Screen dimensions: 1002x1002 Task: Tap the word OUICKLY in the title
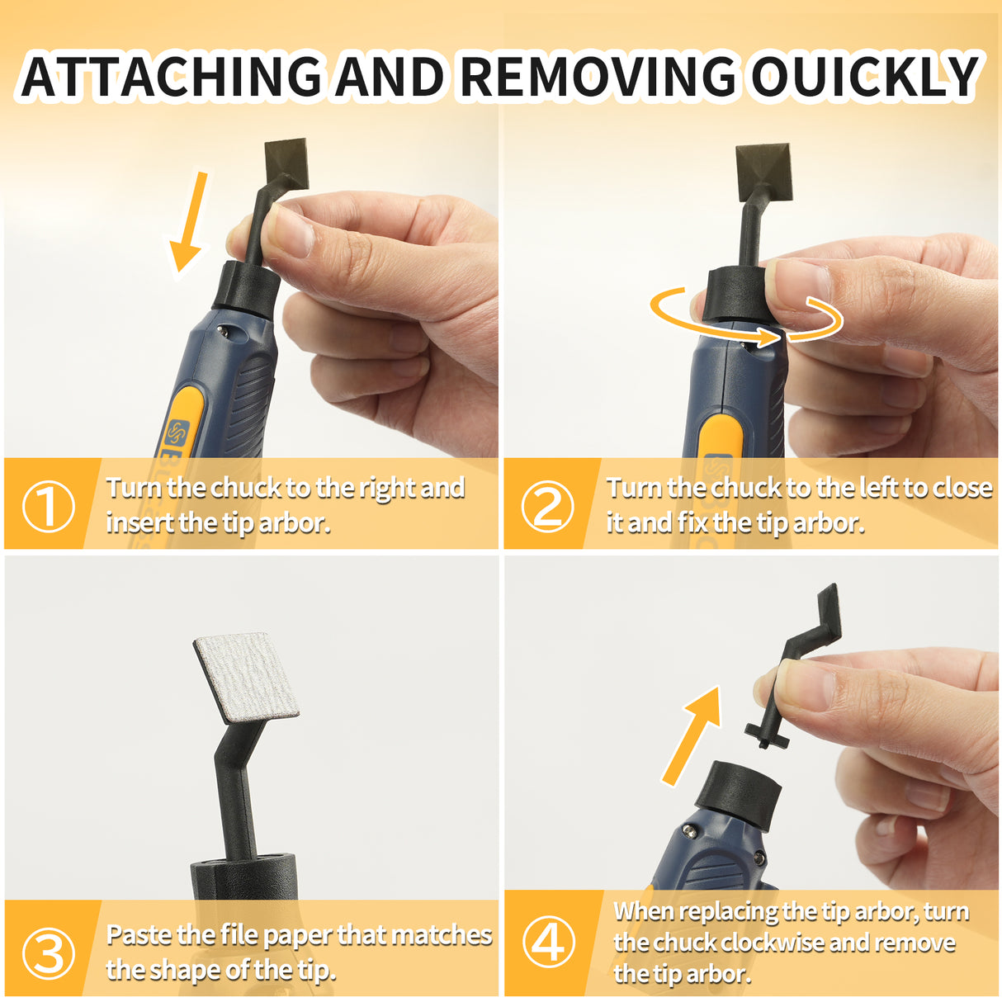(864, 77)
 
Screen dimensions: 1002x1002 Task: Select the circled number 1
(48, 506)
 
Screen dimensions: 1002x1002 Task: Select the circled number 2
(547, 506)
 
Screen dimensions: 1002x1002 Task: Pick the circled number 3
(48, 953)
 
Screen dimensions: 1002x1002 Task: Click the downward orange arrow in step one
(189, 223)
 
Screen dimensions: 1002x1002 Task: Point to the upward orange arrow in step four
(692, 735)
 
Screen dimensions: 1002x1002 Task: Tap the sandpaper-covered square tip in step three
(246, 678)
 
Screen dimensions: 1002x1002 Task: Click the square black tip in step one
(286, 163)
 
